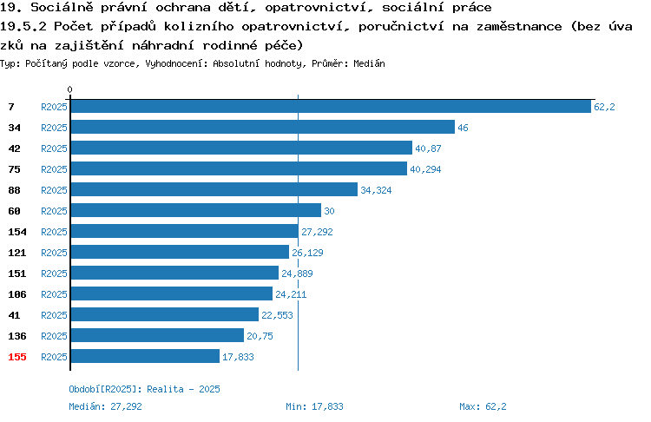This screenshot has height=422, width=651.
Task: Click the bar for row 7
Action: pyautogui.click(x=331, y=106)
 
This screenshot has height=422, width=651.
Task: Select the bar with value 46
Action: pyautogui.click(x=263, y=127)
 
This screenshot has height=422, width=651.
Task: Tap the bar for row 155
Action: pyautogui.click(x=145, y=356)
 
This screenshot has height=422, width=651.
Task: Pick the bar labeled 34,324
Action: pyautogui.click(x=214, y=189)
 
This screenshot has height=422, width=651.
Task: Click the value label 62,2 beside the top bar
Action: pyautogui.click(x=604, y=107)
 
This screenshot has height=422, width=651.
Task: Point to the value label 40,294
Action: pyautogui.click(x=425, y=169)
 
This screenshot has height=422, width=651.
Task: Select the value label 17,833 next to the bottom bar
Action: pyautogui.click(x=238, y=356)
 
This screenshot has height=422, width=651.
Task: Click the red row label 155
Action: pyautogui.click(x=17, y=357)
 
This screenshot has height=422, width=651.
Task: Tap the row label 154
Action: pyautogui.click(x=17, y=232)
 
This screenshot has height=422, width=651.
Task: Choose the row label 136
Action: pyautogui.click(x=17, y=336)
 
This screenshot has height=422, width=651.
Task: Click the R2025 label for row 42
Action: pyautogui.click(x=54, y=148)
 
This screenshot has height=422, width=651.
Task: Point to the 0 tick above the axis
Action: pyautogui.click(x=69, y=89)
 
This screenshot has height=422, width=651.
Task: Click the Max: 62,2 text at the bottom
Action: pyautogui.click(x=483, y=406)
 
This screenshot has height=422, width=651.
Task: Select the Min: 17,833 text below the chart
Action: pyautogui.click(x=314, y=406)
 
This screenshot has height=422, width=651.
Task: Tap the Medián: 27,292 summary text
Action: pyautogui.click(x=105, y=406)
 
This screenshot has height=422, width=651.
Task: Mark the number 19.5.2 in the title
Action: pyautogui.click(x=23, y=26)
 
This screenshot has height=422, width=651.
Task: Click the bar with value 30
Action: pyautogui.click(x=196, y=210)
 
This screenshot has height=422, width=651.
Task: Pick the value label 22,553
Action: pyautogui.click(x=277, y=315)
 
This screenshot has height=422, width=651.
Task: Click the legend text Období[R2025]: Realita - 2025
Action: pyautogui.click(x=144, y=389)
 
